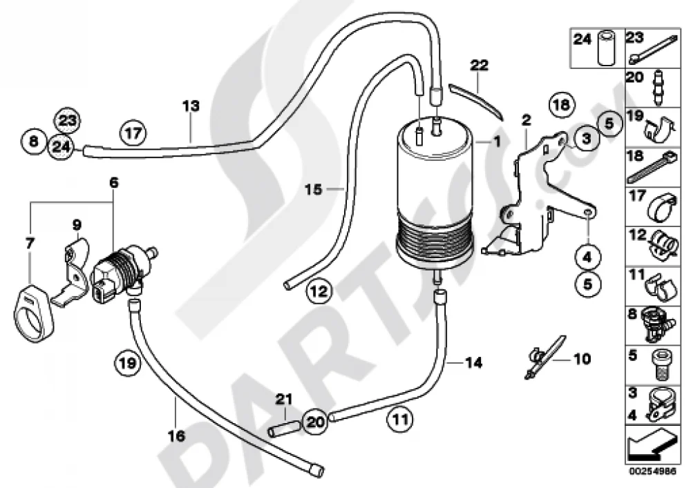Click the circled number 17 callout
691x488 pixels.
(x=133, y=133)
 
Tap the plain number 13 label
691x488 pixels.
(x=191, y=106)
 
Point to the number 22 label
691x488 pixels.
(x=479, y=65)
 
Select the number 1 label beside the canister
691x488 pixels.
(x=497, y=141)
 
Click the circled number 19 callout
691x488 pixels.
(x=127, y=363)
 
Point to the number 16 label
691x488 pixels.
(x=176, y=436)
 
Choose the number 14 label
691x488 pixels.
(x=473, y=363)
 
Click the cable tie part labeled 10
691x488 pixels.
(x=545, y=358)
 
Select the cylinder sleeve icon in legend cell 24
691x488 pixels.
(x=607, y=48)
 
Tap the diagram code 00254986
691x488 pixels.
(x=652, y=470)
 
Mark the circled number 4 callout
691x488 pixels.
(x=587, y=257)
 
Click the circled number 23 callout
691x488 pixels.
(x=67, y=119)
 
